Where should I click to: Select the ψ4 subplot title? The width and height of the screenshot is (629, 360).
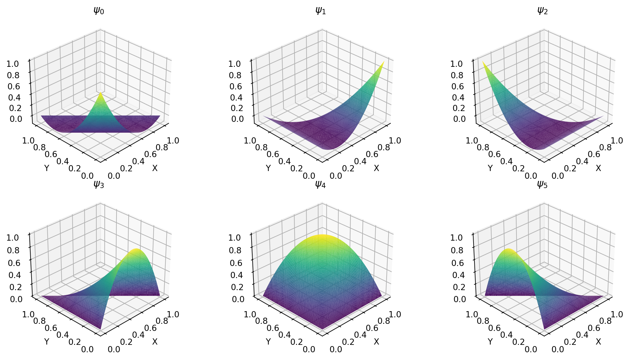pyautogui.click(x=320, y=185)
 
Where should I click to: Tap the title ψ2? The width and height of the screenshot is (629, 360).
pyautogui.click(x=542, y=11)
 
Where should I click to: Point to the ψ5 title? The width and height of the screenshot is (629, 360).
pyautogui.click(x=542, y=185)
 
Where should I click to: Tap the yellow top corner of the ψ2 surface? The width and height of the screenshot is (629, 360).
pyautogui.click(x=483, y=62)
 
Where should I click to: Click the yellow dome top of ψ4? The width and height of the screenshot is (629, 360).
pyautogui.click(x=322, y=236)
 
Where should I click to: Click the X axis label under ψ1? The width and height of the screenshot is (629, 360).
pyautogui.click(x=376, y=168)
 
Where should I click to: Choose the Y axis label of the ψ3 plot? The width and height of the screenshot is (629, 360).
pyautogui.click(x=47, y=342)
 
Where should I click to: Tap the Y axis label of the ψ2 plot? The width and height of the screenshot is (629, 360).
pyautogui.click(x=490, y=168)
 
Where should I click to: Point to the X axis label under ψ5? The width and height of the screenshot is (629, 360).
pyautogui.click(x=598, y=342)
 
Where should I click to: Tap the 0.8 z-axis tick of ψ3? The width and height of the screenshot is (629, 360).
pyautogui.click(x=14, y=250)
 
